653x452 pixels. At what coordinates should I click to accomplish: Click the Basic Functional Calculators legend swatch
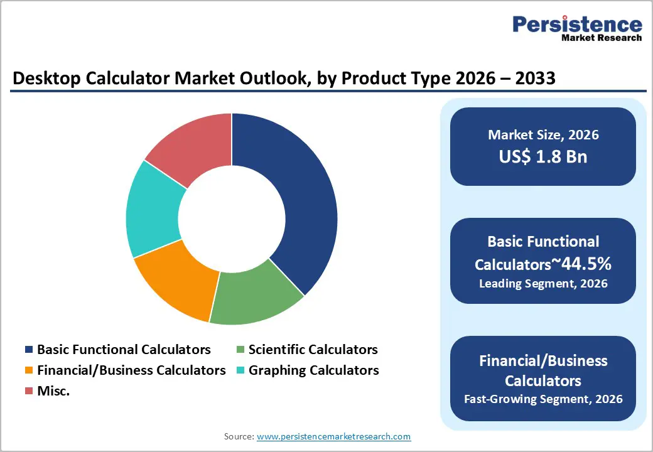pos(28,350)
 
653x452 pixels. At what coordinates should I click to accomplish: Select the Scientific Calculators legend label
pos(313,350)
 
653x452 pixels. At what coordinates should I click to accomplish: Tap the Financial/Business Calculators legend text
pos(131,370)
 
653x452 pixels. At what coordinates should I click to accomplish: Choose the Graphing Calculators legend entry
pos(313,370)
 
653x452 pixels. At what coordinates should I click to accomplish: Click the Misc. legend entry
pos(53,391)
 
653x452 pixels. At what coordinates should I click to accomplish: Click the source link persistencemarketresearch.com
pos(333,436)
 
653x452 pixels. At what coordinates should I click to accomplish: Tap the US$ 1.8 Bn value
pos(543,156)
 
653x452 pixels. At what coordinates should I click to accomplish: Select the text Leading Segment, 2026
pos(543,284)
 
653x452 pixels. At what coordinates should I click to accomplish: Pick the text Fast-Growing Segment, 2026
pos(543,399)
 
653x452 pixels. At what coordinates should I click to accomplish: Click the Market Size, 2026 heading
pos(543,135)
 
